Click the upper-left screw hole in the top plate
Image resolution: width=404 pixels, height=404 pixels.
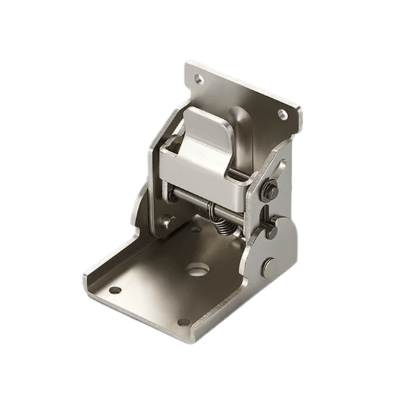tap(199, 79)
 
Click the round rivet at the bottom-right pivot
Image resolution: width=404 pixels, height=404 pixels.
tap(269, 264)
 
